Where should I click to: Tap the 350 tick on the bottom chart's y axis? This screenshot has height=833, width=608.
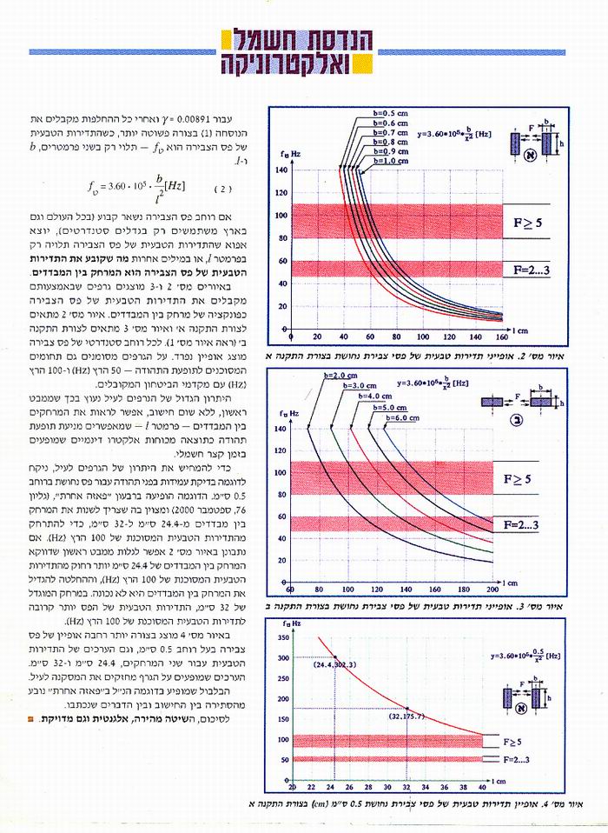pos(283,620)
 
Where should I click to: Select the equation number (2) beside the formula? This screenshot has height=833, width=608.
pos(222,188)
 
